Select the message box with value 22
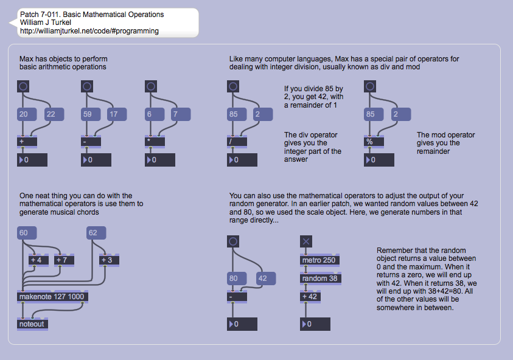coord(54,114)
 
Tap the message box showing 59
coord(90,114)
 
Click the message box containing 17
coord(116,114)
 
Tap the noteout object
coord(32,324)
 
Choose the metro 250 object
coord(320,260)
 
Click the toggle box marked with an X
coord(306,241)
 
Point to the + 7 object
coord(63,260)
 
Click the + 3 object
coord(109,260)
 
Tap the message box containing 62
coord(96,233)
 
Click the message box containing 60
coord(27,233)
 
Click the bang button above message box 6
coord(150,87)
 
